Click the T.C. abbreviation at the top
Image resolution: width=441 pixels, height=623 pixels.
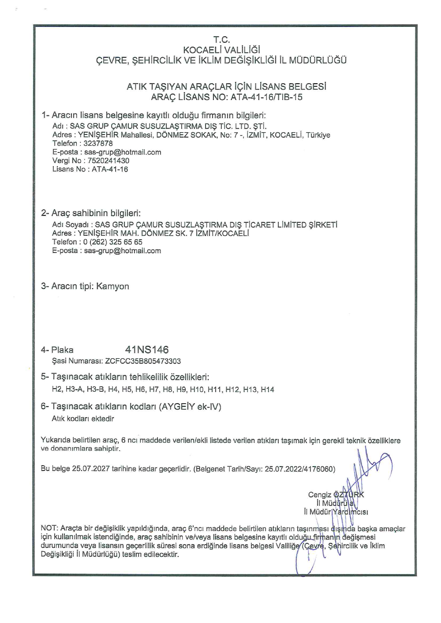tap(221, 40)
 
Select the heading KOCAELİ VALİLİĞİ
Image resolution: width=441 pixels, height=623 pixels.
tap(221, 50)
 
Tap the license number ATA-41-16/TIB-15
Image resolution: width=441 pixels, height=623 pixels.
tap(266, 97)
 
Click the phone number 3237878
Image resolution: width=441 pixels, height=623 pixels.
tap(98, 143)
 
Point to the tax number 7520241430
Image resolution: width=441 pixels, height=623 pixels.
tap(108, 160)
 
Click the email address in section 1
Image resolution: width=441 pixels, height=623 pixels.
tap(123, 152)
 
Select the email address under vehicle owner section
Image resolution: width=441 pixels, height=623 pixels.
tap(123, 251)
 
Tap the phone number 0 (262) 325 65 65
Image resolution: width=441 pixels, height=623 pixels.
tap(112, 242)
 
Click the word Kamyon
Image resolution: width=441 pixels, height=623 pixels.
tap(112, 286)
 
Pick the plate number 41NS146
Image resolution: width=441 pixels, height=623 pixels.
tap(147, 350)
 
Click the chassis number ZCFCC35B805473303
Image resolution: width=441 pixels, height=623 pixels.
tap(143, 361)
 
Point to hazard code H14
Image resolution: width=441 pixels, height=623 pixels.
tap(267, 389)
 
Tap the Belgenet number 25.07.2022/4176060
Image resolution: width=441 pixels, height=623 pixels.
tap(299, 469)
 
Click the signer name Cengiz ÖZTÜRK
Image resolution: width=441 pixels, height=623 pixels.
tap(336, 495)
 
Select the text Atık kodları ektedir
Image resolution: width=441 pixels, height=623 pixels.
tap(83, 419)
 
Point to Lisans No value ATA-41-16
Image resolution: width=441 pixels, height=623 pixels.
tap(110, 169)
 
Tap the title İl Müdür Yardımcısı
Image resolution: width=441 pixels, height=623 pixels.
tap(336, 512)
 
